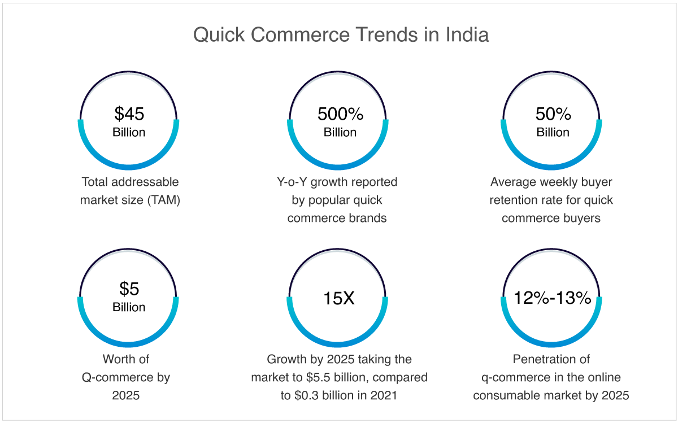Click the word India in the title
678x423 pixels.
[467, 34]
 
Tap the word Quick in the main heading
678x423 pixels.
[219, 35]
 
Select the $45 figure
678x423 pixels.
[129, 114]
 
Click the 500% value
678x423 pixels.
[340, 114]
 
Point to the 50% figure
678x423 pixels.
[553, 114]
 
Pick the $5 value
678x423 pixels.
[129, 289]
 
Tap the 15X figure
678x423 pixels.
[338, 298]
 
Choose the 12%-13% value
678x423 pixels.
[553, 298]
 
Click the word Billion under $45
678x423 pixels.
[129, 132]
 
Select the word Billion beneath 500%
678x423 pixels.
[340, 132]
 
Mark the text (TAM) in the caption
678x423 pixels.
[164, 200]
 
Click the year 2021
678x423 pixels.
[384, 395]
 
